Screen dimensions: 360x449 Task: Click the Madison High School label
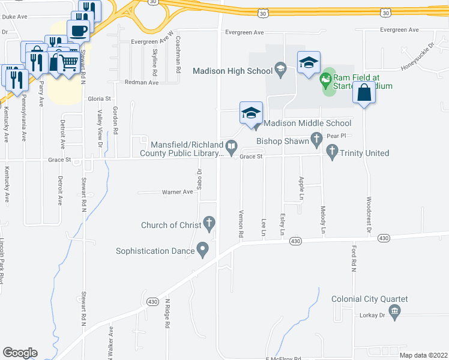point(232,71)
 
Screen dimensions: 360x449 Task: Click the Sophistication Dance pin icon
point(203,249)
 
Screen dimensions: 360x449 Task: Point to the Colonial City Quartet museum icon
point(394,310)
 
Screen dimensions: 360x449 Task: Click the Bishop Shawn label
point(282,142)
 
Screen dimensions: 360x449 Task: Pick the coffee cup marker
point(78,29)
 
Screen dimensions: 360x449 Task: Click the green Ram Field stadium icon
point(326,78)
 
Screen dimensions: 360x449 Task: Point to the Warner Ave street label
point(177,192)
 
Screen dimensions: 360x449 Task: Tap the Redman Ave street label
point(141,82)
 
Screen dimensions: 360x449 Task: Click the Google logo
point(20,353)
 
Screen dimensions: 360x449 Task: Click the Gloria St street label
point(100,98)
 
